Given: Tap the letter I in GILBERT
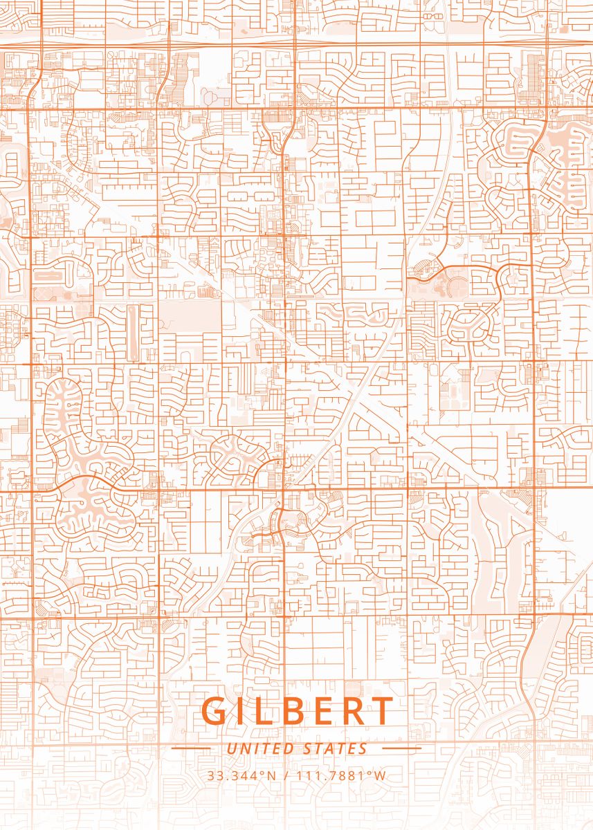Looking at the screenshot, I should coord(246,712).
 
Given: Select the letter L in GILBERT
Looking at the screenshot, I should coord(270,712).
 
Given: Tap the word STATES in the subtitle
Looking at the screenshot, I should coord(335,748).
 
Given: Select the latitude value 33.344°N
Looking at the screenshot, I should coord(241,775).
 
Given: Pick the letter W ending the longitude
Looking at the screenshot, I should coord(380,775).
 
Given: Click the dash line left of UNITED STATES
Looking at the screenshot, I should coord(190,748).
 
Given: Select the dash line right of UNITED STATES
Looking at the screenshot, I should coord(401,748).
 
